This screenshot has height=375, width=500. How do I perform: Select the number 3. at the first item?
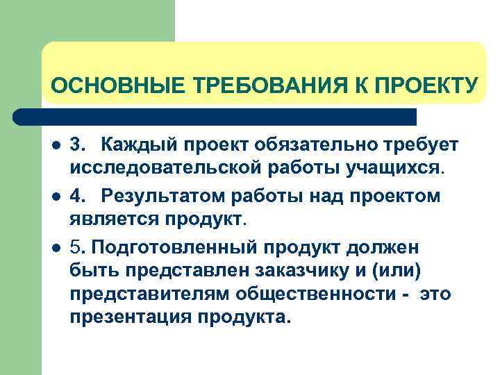click(x=78, y=144)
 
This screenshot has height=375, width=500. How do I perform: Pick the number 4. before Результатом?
click(x=78, y=196)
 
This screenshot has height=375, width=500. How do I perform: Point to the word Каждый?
click(x=136, y=144)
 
